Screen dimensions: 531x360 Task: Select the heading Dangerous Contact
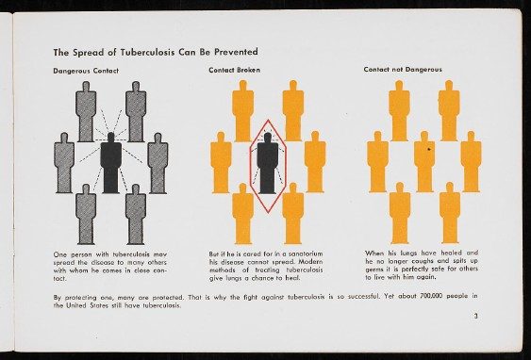coord(86,71)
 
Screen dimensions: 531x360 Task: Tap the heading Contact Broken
coord(234,70)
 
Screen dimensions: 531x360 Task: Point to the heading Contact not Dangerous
coord(403,70)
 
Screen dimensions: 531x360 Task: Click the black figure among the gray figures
coord(110,163)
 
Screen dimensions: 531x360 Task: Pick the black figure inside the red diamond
coord(268,163)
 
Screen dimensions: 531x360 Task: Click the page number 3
coord(475,316)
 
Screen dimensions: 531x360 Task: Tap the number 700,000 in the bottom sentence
coord(431,296)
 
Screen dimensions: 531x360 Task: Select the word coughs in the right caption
coord(422,261)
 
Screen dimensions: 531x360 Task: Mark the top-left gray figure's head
coord(86,87)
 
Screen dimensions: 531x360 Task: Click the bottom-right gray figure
coord(136,214)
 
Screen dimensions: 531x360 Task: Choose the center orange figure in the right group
coord(424,162)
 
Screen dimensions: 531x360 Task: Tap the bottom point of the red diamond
coord(268,213)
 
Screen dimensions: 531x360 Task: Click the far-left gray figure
coord(64,163)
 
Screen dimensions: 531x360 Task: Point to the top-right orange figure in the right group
coord(449,110)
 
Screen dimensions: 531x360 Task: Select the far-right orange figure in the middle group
coord(315,162)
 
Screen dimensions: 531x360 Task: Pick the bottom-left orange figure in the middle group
coord(242,214)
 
